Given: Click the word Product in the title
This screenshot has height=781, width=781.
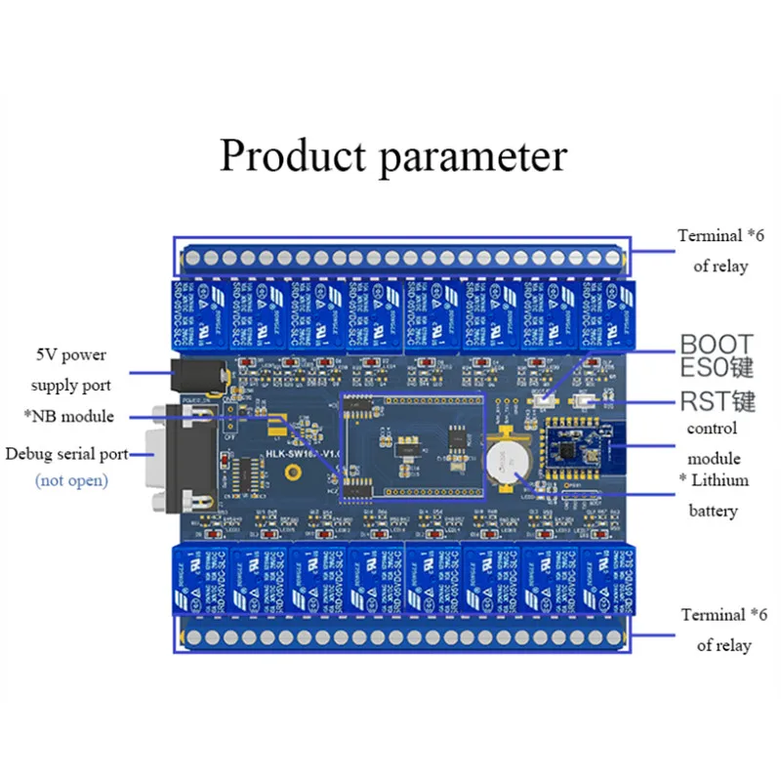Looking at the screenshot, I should (293, 156).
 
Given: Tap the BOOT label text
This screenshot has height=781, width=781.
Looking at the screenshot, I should (717, 344).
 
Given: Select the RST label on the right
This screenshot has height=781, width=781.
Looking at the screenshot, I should (705, 401).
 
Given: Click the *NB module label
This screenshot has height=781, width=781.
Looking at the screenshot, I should (68, 417).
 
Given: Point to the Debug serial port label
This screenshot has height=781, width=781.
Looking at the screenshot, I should (66, 454).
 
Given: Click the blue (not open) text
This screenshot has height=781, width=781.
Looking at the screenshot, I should (71, 480).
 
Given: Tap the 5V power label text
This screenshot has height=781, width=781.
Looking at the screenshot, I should (70, 354).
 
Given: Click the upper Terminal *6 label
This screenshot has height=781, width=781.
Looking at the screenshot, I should (722, 236).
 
